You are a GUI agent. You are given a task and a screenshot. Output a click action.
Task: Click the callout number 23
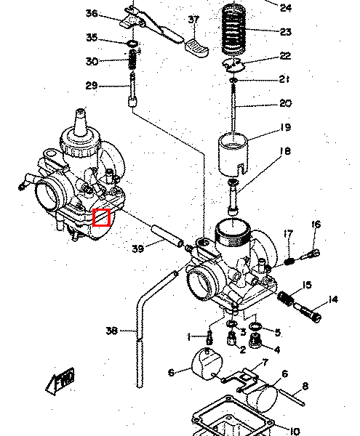click(285, 32)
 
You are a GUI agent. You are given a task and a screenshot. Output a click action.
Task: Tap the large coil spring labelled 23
click(234, 28)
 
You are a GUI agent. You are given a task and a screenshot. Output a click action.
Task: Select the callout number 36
click(92, 13)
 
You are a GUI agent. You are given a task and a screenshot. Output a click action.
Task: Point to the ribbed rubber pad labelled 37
click(197, 47)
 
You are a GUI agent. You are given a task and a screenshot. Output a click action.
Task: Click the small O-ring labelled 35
click(132, 44)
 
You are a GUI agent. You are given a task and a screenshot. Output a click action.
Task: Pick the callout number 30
click(92, 61)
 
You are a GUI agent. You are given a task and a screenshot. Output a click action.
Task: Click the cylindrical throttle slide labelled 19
click(233, 155)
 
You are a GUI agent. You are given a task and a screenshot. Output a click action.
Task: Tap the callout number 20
click(285, 103)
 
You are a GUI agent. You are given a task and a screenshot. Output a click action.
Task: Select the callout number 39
click(138, 249)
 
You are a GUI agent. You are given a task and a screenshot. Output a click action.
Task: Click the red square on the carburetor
click(102, 217)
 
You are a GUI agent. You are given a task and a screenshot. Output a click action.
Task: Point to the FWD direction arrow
click(60, 380)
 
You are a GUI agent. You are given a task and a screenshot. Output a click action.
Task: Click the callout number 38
click(111, 331)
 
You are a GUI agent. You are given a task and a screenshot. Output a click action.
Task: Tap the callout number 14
click(333, 299)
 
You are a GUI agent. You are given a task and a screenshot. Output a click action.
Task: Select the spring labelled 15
click(285, 297)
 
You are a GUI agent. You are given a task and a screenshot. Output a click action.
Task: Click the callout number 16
click(316, 224)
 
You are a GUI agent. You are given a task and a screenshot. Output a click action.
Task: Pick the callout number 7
click(265, 362)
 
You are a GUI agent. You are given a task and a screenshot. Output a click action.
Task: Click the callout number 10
click(295, 431)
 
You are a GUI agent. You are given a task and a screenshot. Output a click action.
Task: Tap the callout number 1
click(189, 338)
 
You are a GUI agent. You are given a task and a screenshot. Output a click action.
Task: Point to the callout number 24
click(285, 8)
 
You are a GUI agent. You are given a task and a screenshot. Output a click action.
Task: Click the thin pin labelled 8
click(292, 397)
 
